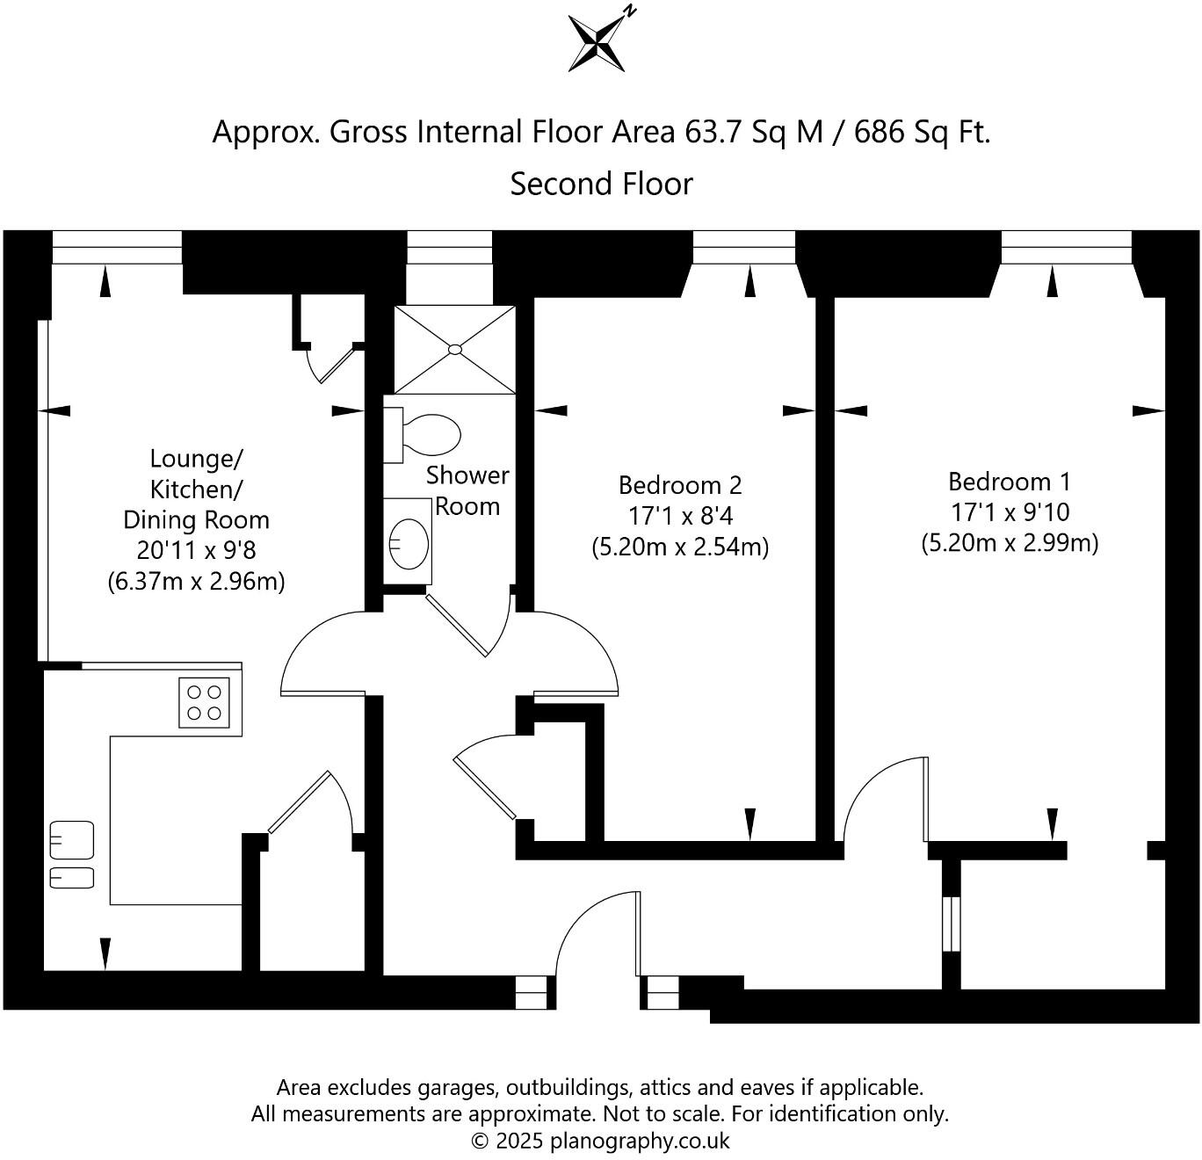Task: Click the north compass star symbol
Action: (x=597, y=43)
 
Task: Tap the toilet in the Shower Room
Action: (x=423, y=435)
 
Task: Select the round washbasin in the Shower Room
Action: (x=409, y=544)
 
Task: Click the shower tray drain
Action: (x=454, y=350)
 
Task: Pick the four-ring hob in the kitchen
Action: (x=204, y=703)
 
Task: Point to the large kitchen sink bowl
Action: (x=72, y=840)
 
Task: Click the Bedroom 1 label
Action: (x=1010, y=482)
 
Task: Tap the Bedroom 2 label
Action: (x=680, y=485)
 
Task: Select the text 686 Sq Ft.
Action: (x=923, y=132)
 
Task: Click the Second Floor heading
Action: (x=602, y=184)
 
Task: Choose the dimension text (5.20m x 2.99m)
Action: (x=1010, y=543)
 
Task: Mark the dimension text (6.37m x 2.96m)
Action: (x=197, y=581)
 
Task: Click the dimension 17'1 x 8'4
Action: (x=680, y=515)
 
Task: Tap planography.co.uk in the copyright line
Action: (x=640, y=1141)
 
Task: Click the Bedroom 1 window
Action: (x=1066, y=247)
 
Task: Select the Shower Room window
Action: (x=450, y=247)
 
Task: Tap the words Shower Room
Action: (x=467, y=491)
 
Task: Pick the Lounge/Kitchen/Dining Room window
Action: (x=117, y=247)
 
